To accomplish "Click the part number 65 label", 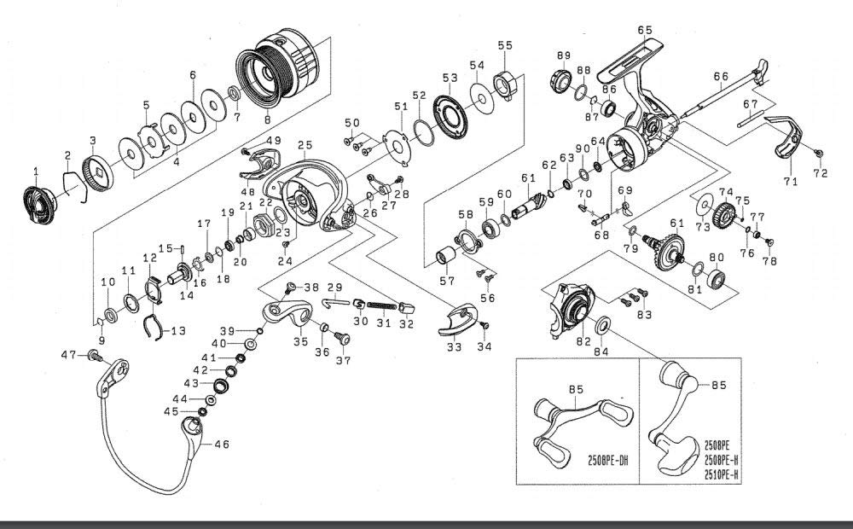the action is tap(645, 31).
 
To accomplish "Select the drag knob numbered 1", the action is tap(40, 205).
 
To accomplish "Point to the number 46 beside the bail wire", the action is tap(222, 444).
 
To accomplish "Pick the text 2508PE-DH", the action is tap(607, 461).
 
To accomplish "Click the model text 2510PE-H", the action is tap(722, 474).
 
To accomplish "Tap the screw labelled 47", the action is tap(96, 357).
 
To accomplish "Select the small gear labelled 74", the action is tap(723, 214).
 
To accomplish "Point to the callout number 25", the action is tap(305, 145).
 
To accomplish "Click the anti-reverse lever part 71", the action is tap(784, 137).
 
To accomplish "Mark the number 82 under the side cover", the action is tap(583, 341).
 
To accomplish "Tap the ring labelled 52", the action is tap(424, 132).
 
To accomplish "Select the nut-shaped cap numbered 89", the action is tap(562, 82).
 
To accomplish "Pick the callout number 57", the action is tap(447, 281).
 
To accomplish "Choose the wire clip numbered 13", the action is tap(154, 327).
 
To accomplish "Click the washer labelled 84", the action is tap(602, 326).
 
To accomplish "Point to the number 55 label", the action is tap(505, 45).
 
